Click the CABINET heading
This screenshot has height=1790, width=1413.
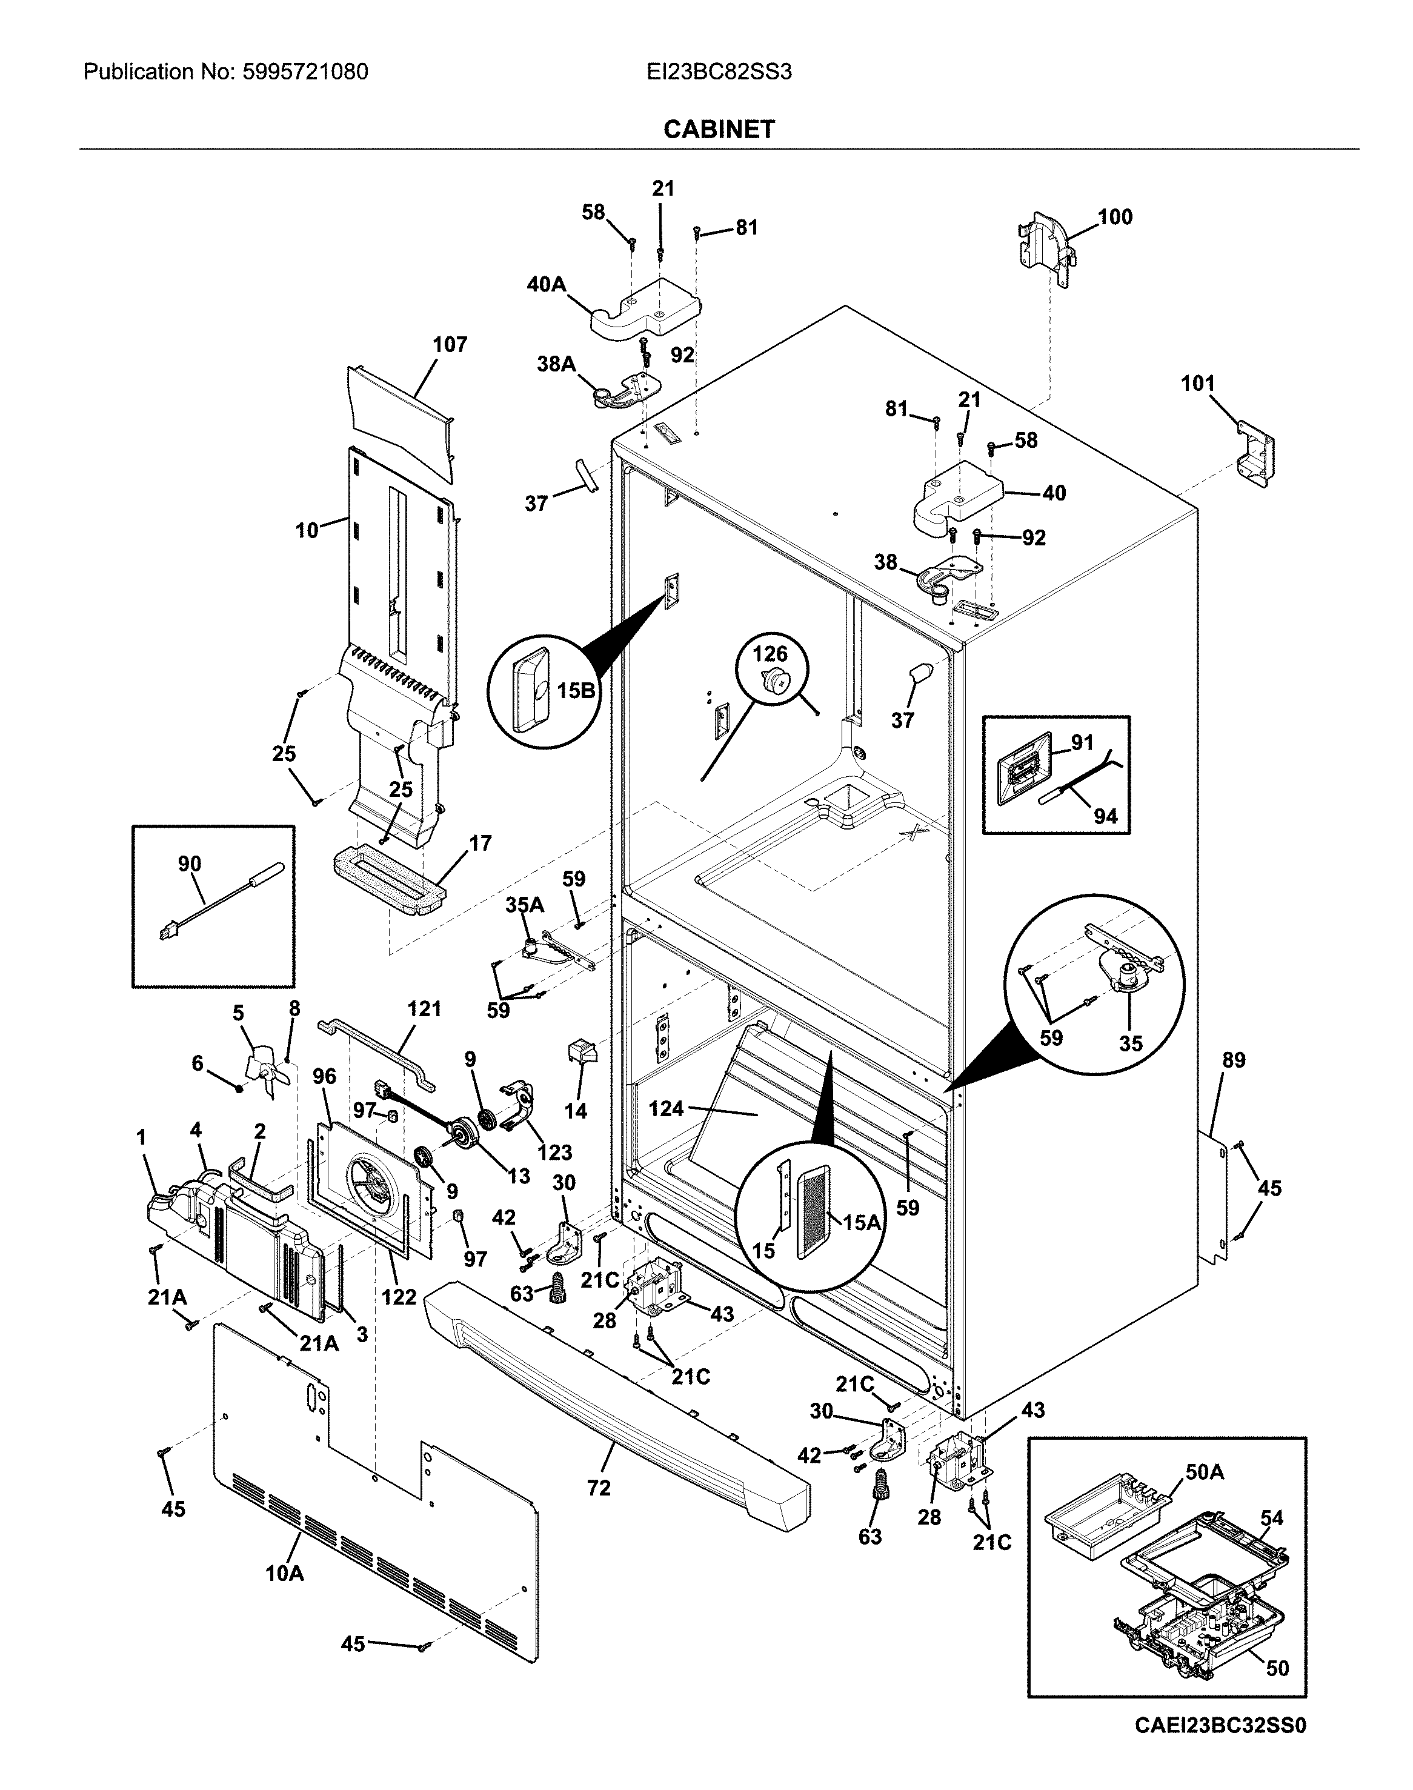pyautogui.click(x=719, y=129)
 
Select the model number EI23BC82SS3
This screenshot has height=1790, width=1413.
pyautogui.click(x=719, y=72)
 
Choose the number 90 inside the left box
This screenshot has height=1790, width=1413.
pyautogui.click(x=190, y=863)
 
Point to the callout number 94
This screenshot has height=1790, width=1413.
pyautogui.click(x=1105, y=816)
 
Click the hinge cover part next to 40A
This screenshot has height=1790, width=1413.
pyautogui.click(x=645, y=311)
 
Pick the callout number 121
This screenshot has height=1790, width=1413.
pyautogui.click(x=424, y=1008)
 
